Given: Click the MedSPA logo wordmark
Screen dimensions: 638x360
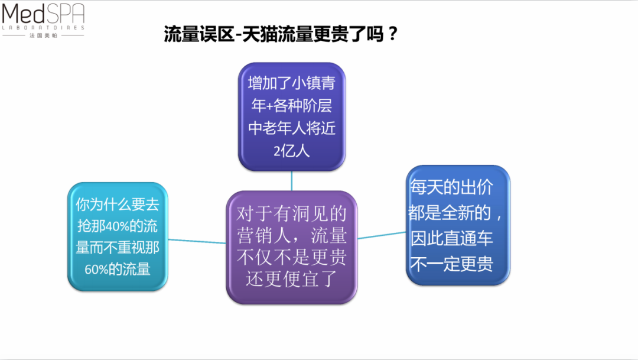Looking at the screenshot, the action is coord(43,14).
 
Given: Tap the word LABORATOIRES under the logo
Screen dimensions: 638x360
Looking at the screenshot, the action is coord(43,28).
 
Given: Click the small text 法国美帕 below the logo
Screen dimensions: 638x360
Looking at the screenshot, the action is coord(43,35).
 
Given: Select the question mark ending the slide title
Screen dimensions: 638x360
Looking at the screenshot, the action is coord(393,34).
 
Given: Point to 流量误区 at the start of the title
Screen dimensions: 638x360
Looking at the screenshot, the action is coord(199,34).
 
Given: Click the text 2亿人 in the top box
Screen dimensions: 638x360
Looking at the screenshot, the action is coord(291,151).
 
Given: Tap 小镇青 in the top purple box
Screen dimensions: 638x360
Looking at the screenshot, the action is coord(313,83).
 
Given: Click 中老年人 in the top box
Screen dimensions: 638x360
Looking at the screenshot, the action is coord(276,128).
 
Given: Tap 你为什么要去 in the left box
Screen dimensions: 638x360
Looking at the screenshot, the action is coord(117,205).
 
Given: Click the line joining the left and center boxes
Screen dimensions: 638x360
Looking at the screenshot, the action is coord(197,242).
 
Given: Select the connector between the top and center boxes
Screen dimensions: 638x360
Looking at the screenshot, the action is coord(291,181).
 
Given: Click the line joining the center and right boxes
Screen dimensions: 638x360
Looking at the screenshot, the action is coord(382,235).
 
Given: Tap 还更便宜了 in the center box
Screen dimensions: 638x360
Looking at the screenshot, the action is coord(291,279).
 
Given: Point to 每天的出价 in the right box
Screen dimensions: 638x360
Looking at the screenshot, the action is coord(451,187).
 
